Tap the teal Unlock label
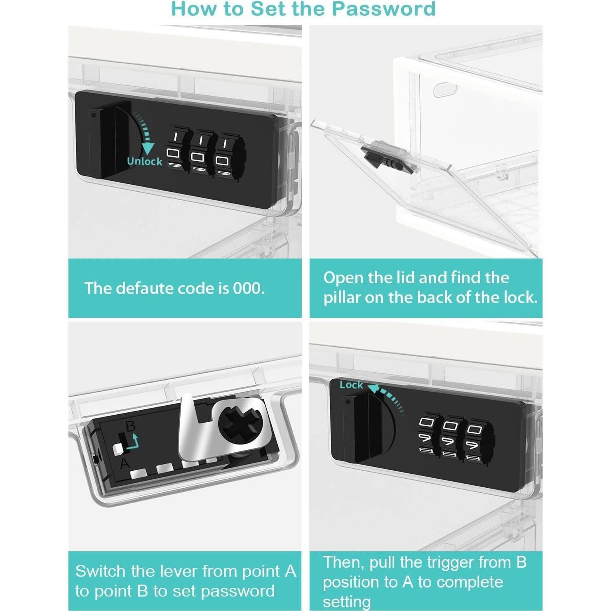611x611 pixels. (144, 161)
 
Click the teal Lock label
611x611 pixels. (351, 385)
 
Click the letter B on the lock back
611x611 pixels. (130, 426)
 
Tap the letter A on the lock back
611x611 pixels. (125, 464)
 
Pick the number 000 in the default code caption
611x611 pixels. (249, 288)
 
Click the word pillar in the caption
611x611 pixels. (342, 297)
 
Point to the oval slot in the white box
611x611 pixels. (445, 89)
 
